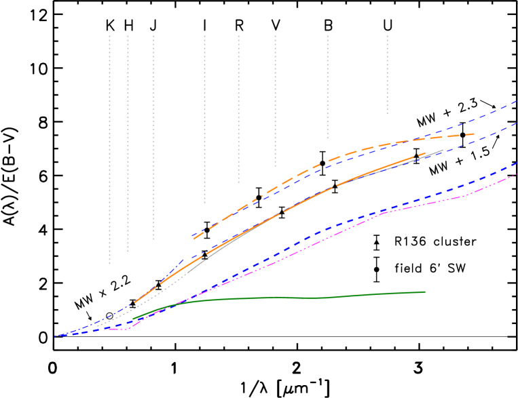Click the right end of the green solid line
(x=425, y=292)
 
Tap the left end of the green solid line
(x=133, y=318)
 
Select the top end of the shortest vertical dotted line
(x=387, y=35)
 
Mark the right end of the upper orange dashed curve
(x=475, y=134)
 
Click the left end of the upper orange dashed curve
(x=193, y=239)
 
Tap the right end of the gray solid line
(x=443, y=150)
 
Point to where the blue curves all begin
(x=56, y=336)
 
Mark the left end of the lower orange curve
(x=134, y=302)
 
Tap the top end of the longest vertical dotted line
(x=109, y=35)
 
